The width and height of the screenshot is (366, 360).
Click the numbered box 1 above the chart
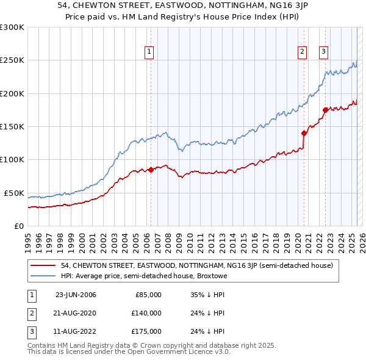tap(149, 52)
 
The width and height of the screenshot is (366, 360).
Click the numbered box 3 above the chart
tap(323, 52)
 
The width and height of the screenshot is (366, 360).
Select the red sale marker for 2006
tap(151, 170)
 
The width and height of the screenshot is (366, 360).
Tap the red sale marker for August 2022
tap(325, 110)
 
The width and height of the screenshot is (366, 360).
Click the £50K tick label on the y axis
tap(14, 193)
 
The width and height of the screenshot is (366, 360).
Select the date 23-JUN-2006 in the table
tap(76, 295)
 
